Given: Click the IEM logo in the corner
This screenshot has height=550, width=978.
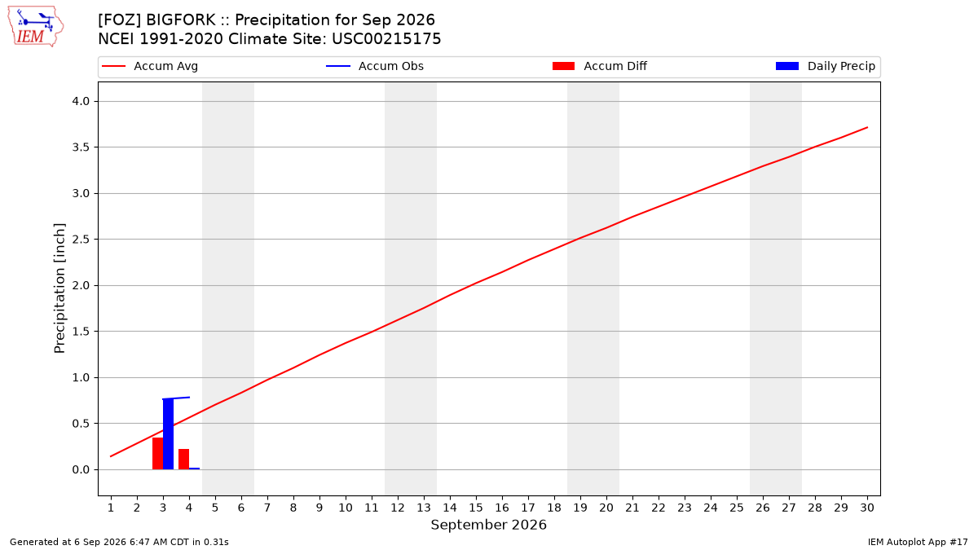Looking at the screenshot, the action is (36, 27).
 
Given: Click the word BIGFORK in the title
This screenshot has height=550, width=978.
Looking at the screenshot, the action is (180, 20).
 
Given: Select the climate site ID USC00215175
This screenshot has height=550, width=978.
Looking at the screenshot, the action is (386, 39).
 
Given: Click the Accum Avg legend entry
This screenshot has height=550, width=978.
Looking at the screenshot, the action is (150, 66).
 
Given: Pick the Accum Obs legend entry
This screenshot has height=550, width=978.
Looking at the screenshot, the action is (375, 66).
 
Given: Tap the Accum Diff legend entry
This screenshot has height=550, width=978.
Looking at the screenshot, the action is (600, 66).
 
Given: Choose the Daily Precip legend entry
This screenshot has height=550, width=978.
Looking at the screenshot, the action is (825, 66).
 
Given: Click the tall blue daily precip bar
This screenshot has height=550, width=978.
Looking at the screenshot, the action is (168, 433).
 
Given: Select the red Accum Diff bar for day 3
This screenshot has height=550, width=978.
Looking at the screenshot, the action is (157, 454).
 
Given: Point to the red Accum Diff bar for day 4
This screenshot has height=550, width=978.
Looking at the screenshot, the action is (184, 460).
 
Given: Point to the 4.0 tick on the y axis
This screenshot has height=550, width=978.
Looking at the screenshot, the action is (81, 102).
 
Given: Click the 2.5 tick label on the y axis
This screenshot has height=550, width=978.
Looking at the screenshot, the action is (81, 240).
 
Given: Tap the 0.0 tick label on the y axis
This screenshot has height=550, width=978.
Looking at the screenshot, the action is (81, 469).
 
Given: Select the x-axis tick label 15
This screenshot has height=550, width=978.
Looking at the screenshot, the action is (476, 508).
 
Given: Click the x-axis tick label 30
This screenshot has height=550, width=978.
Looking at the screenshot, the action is (867, 508).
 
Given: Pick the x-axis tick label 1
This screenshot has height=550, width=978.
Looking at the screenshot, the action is (111, 508).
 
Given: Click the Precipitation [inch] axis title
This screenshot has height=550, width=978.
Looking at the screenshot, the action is (59, 288).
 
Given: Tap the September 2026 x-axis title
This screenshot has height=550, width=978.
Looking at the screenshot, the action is (488, 525).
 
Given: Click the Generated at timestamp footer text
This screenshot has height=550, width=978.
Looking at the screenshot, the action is (119, 542).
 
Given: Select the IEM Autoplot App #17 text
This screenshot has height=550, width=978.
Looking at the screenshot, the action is (918, 542).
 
